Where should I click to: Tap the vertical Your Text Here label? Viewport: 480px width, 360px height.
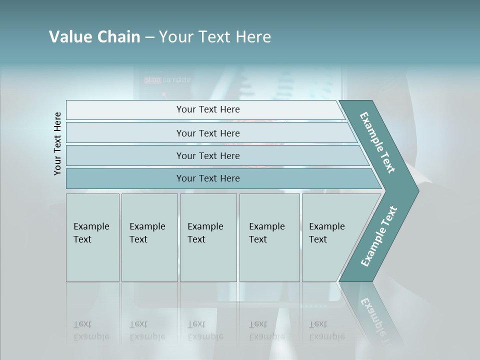coord(57,143)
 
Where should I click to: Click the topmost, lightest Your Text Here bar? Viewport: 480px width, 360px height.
coord(207,109)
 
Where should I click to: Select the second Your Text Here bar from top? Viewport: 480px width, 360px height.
coord(207,133)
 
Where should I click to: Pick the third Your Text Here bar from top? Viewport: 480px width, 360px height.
coord(207,155)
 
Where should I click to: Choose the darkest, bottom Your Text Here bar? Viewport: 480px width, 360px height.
coord(207,178)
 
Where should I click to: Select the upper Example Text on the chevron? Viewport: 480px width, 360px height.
coord(377,142)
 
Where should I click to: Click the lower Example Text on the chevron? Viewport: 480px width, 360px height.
coord(378,236)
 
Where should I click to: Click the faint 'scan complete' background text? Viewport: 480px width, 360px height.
coord(167,79)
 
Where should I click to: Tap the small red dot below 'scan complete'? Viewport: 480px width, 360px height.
coord(163,94)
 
